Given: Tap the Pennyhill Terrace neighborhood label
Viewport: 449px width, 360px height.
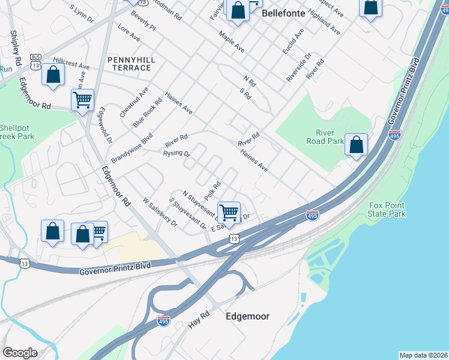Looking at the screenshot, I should [x=129, y=64].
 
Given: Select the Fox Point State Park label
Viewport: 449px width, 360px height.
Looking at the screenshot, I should [x=387, y=209].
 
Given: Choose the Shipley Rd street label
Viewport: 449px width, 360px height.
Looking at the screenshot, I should [x=16, y=49].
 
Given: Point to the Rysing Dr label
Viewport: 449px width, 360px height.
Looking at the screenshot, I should [x=176, y=154].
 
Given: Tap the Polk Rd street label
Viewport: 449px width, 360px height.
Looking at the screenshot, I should [x=213, y=191].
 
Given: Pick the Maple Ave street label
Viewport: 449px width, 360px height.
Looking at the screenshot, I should [x=231, y=41].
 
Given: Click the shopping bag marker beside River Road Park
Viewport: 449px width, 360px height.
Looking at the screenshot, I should [x=357, y=145].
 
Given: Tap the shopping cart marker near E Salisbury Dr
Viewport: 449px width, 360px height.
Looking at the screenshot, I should [x=229, y=212].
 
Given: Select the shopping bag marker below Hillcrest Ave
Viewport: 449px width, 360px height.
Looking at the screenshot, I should [x=53, y=75].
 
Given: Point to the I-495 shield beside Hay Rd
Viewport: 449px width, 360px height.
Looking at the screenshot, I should [x=163, y=322].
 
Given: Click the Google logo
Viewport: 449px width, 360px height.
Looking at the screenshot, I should [x=20, y=353].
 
